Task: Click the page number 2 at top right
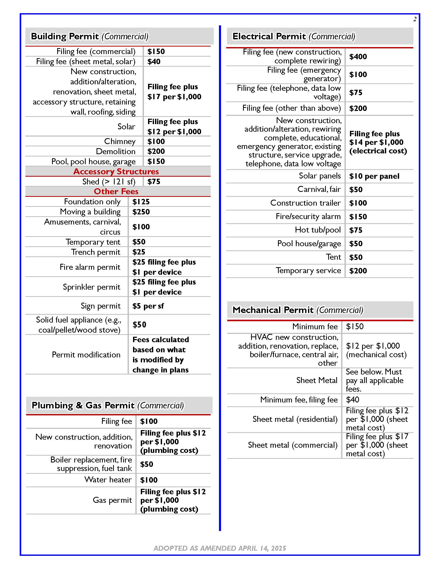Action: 415,19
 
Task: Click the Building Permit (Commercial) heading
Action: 89,36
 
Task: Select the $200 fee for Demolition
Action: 156,151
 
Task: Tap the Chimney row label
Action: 120,141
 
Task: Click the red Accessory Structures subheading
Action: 116,171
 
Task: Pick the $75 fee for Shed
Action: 153,182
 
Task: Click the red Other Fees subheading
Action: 116,191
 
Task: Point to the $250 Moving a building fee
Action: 141,212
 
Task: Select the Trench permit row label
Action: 96,252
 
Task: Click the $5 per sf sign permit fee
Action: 148,306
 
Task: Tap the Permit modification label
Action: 86,355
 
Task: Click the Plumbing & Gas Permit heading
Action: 108,405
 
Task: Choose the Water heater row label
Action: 108,480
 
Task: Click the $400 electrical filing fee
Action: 358,57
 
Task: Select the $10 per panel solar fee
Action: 374,176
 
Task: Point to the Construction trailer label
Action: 305,203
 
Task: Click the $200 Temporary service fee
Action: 358,271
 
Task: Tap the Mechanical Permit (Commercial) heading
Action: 298,310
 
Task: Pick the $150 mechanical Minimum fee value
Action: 355,326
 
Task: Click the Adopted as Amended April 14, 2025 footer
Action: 220,548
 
